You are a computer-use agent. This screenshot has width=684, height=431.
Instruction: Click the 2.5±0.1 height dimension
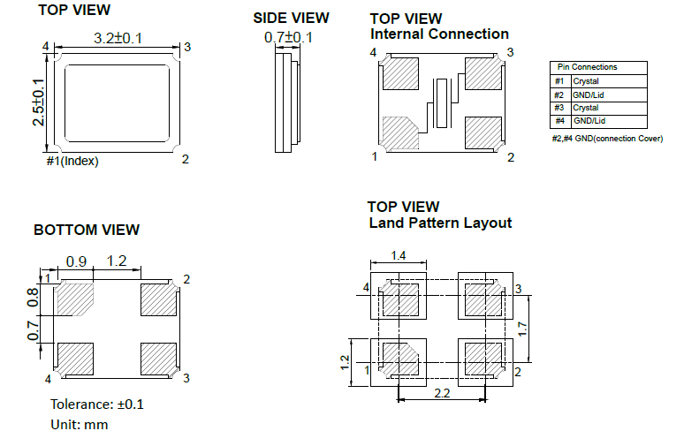(39, 102)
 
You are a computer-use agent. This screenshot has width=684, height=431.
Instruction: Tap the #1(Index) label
(72, 161)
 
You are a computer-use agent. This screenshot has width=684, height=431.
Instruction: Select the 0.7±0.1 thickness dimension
(288, 37)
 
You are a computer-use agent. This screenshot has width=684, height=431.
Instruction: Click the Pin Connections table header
(587, 67)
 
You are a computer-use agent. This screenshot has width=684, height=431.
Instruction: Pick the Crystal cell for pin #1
(586, 81)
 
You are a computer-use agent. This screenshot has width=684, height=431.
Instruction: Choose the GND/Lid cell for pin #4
(589, 120)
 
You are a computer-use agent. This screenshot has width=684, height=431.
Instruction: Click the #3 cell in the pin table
(559, 108)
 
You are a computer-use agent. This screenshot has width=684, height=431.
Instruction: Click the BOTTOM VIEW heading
(87, 230)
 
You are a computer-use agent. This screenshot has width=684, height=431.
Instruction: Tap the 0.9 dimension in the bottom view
(76, 261)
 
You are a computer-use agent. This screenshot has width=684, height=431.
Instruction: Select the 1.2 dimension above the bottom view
(116, 261)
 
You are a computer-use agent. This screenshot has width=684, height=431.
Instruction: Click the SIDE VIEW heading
(291, 18)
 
